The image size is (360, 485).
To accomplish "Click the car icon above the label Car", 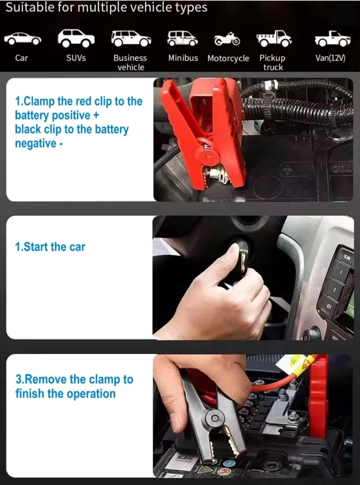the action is point(23,38).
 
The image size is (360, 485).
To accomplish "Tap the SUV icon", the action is point(76,38).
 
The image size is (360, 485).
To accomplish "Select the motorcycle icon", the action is point(227,39).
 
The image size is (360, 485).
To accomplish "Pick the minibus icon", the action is point(182,38).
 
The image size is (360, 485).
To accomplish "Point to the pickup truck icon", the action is point(274,38).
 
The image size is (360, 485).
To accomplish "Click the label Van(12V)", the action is point(330,58).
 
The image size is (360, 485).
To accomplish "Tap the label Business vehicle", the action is point(130,62).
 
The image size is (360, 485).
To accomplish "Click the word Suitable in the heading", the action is point(29,8).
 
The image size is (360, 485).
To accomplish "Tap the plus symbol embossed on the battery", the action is point(288,170).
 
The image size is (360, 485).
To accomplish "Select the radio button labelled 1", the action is point(341,272).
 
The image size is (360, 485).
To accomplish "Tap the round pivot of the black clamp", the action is point(214,419).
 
